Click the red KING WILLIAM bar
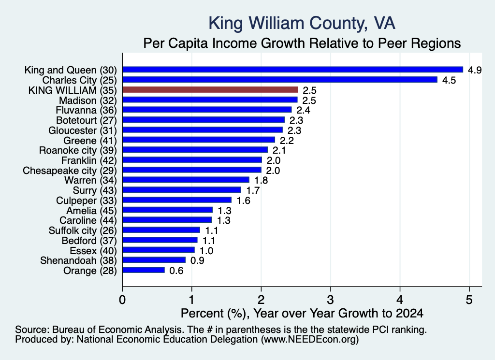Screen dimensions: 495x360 click(210, 90)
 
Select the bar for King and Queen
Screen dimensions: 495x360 click(292, 70)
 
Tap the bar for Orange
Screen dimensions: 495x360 click(144, 270)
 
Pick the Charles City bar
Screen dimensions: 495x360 click(280, 80)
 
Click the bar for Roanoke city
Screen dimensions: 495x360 click(195, 150)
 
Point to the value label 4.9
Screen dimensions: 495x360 click(475, 70)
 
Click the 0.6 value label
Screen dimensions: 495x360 click(176, 271)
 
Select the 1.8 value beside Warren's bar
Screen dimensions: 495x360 click(261, 180)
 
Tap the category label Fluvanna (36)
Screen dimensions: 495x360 click(86, 110)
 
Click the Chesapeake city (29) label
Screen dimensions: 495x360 click(70, 171)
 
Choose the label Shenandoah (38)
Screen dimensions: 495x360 click(78, 260)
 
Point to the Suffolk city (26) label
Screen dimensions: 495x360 click(83, 230)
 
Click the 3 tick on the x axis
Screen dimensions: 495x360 click(330, 300)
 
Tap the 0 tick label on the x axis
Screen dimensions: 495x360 click(122, 300)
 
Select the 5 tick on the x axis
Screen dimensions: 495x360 click(469, 300)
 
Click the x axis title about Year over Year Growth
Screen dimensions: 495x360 click(302, 313)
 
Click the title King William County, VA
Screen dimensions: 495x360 click(302, 23)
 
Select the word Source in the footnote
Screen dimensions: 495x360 click(32, 330)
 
